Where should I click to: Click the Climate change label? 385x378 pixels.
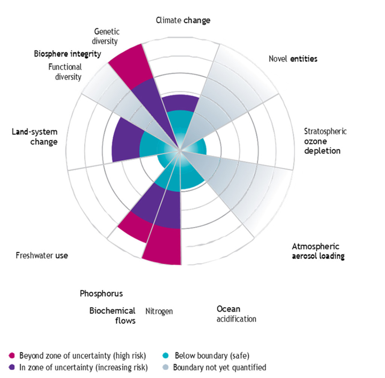183,20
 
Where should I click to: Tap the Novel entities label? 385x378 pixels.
293,59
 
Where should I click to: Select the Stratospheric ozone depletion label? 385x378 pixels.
325,141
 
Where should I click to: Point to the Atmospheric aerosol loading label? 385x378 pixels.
318,251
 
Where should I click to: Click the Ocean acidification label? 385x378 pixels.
236,314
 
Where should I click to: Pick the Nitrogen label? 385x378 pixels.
159,311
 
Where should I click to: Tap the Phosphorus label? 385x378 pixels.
101,293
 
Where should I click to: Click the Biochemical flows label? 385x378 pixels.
112,316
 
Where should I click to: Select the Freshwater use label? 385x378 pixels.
42,256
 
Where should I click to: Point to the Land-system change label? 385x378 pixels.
35,137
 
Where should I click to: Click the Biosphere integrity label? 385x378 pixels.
67,54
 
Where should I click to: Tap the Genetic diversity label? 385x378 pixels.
106,36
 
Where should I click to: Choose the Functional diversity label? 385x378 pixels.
65,72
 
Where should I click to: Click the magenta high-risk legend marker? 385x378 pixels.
12,355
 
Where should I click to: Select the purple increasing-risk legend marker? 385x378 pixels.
12,367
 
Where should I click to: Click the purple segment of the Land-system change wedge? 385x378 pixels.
124,139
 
